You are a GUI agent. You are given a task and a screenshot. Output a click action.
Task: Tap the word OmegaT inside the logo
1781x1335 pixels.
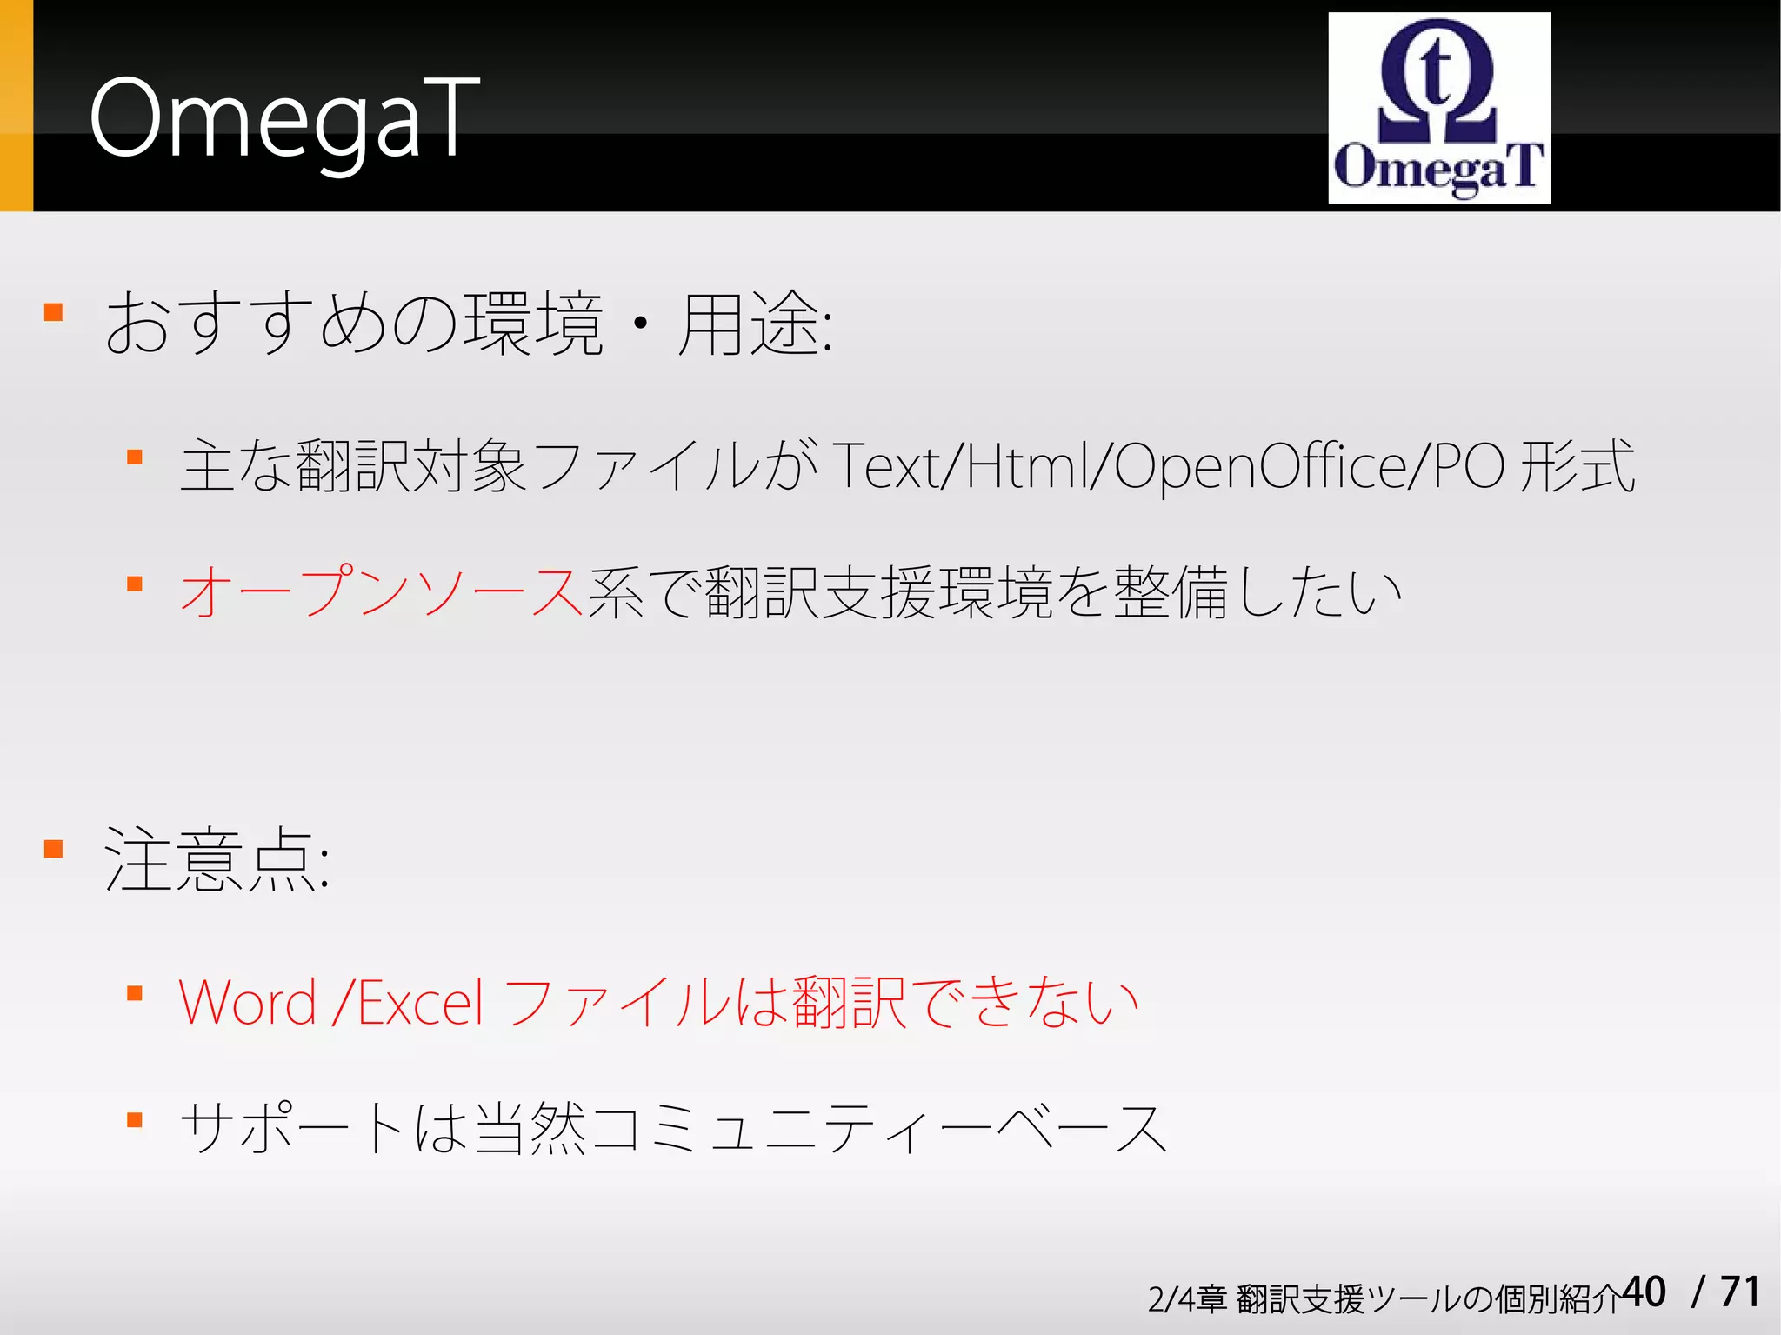pyautogui.click(x=1438, y=168)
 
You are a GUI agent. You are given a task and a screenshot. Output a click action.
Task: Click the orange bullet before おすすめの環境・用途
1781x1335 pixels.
pyautogui.click(x=54, y=312)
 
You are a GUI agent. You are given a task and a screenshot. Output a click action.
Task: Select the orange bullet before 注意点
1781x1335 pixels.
pyautogui.click(x=54, y=849)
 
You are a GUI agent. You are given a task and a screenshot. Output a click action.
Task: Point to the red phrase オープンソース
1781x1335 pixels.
pyautogui.click(x=381, y=592)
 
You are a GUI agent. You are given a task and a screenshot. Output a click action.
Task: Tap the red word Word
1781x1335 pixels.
pyautogui.click(x=247, y=1003)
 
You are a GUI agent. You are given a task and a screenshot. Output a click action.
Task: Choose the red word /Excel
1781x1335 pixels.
pyautogui.click(x=409, y=1003)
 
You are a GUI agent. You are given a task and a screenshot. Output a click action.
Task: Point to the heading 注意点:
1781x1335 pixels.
pyautogui.click(x=217, y=860)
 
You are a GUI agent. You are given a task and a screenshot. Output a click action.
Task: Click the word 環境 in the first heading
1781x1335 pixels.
pyautogui.click(x=532, y=324)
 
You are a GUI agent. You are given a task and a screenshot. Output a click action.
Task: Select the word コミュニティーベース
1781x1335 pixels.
pyautogui.click(x=878, y=1128)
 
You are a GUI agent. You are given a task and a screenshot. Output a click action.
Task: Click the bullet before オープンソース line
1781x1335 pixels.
pyautogui.click(x=135, y=584)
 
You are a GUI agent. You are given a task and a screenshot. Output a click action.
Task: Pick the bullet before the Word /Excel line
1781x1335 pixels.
pyautogui.click(x=135, y=993)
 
